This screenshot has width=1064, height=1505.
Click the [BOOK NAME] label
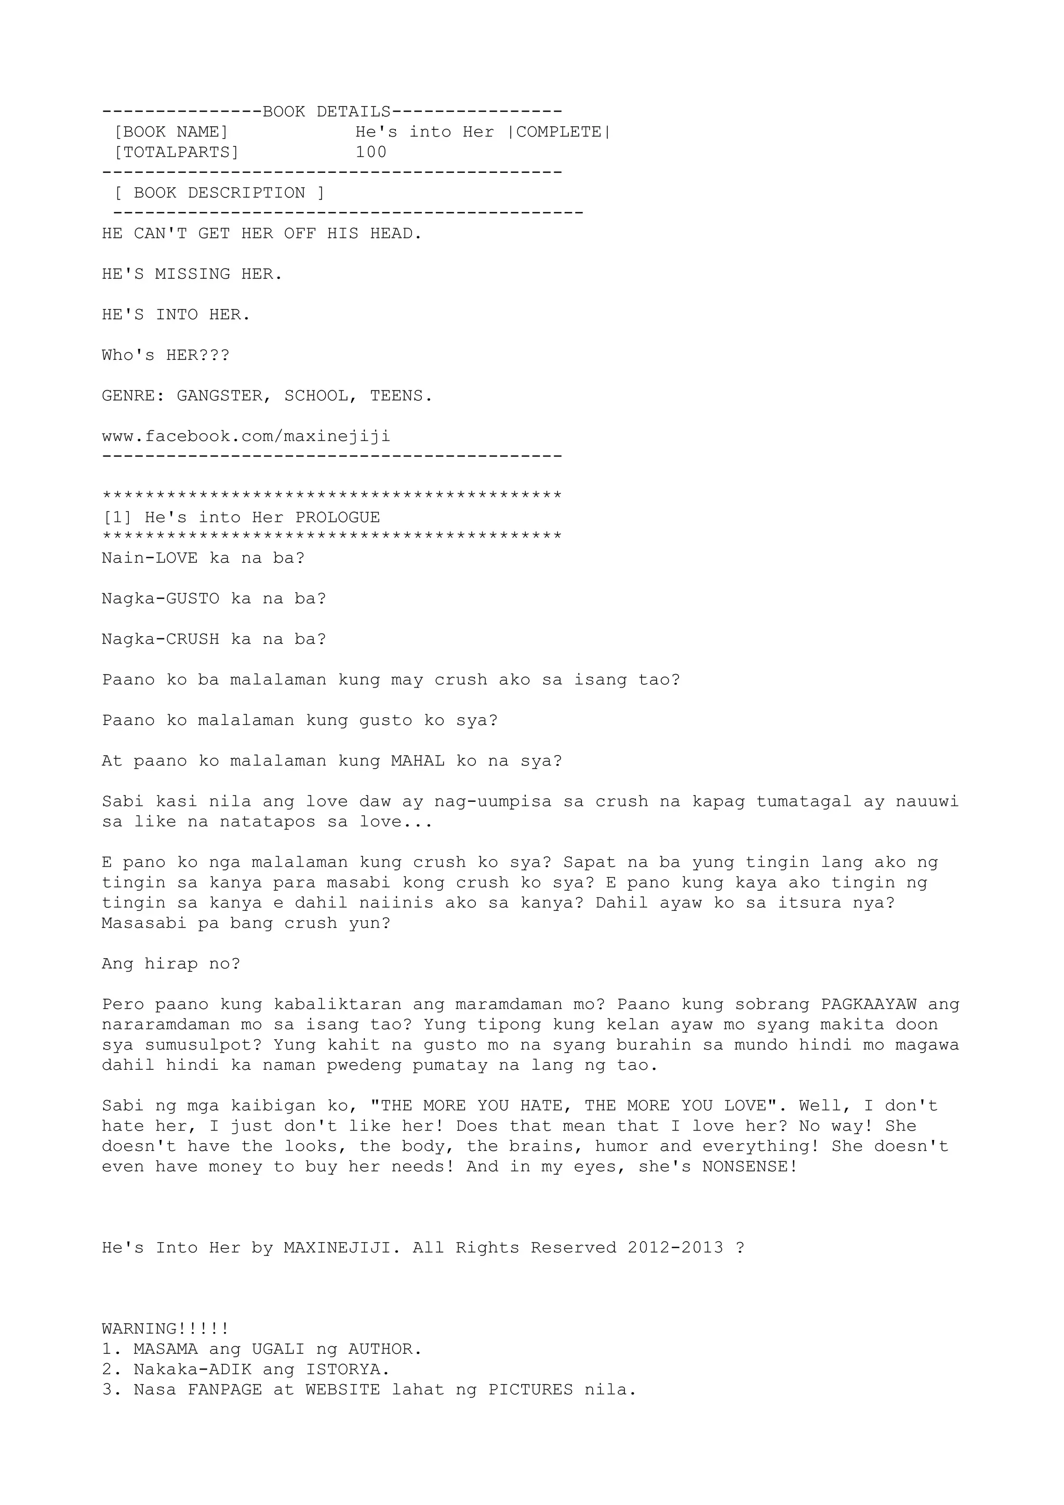(170, 132)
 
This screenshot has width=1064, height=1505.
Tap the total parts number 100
(371, 153)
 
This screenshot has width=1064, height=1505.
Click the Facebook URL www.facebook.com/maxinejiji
(246, 437)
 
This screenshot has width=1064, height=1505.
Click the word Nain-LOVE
(150, 558)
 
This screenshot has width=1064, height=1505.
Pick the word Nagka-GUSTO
(160, 599)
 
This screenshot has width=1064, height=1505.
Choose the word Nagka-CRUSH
(160, 640)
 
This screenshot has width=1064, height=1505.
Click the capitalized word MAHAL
(418, 761)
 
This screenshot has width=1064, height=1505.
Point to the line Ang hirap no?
(171, 964)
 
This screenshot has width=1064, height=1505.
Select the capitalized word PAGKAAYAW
(869, 1004)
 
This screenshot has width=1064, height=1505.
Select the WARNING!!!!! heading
(165, 1329)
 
